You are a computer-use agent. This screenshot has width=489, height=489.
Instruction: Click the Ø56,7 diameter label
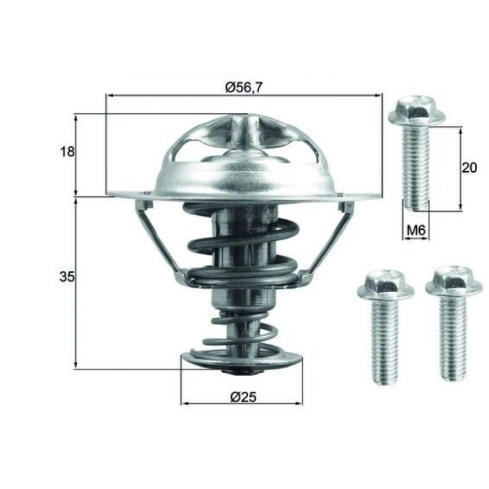243,87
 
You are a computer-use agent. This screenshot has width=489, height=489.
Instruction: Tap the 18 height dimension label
67,152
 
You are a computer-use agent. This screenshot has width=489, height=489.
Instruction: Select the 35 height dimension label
67,277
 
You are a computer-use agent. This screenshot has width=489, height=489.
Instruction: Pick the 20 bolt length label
469,168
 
